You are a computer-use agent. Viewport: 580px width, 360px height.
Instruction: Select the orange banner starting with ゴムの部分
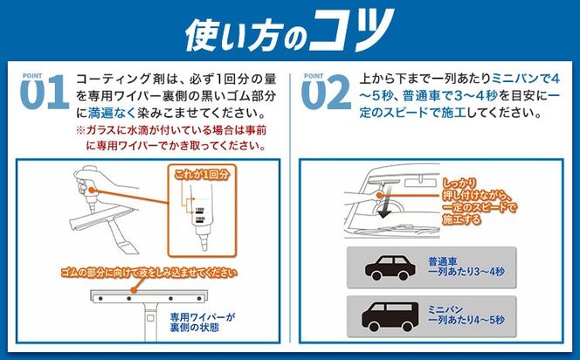click(149, 272)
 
